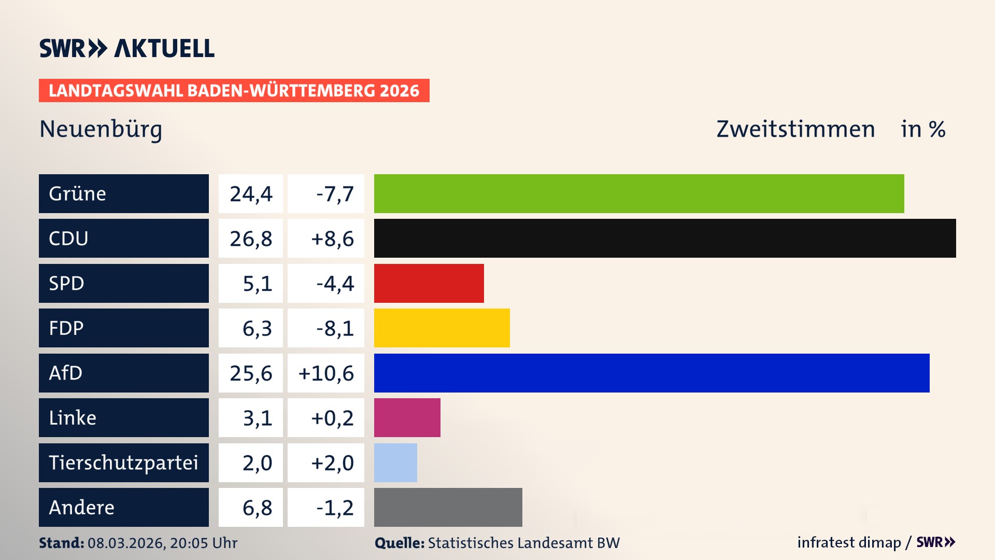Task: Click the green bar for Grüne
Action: (x=638, y=193)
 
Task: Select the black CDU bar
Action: (x=664, y=239)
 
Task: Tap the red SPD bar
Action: (x=429, y=283)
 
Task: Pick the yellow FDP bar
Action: (x=442, y=328)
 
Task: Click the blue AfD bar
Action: (x=651, y=373)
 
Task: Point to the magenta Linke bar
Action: (x=407, y=417)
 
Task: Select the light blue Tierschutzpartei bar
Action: (x=395, y=463)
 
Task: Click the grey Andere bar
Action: (x=448, y=507)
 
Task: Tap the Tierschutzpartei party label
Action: (x=123, y=463)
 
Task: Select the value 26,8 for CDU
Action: (x=251, y=239)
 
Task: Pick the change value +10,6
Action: (x=326, y=373)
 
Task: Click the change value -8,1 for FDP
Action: (x=335, y=328)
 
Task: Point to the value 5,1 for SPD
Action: (x=257, y=283)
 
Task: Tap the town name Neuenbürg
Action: (x=101, y=129)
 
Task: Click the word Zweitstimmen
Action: (x=795, y=129)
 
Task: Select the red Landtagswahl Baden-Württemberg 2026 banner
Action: (x=234, y=90)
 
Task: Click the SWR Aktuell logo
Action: (x=126, y=48)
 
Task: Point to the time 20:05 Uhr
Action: (x=203, y=543)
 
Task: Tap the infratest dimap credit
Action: (x=849, y=542)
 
